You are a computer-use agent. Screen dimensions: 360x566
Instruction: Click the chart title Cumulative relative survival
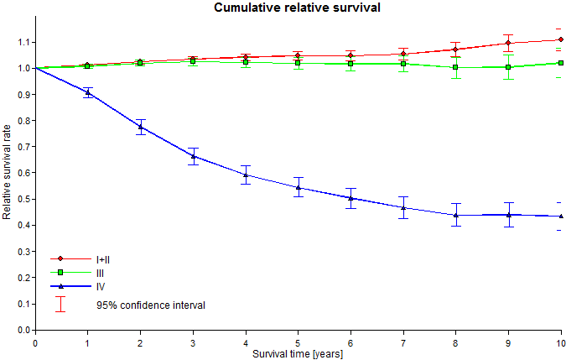click(x=283, y=8)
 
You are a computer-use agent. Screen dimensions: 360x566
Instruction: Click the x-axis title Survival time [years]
click(x=298, y=354)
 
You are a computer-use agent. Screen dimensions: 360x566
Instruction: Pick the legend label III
click(x=100, y=274)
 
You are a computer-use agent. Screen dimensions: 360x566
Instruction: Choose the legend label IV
click(x=100, y=287)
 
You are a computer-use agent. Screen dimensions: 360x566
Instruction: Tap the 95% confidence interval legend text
click(x=151, y=305)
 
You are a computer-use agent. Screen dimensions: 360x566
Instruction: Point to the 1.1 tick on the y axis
click(x=23, y=42)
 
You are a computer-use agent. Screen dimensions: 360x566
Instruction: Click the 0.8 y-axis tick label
click(x=23, y=121)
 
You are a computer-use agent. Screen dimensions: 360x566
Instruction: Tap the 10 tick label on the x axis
click(x=560, y=343)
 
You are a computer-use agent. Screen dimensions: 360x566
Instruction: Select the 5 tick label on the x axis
click(x=298, y=343)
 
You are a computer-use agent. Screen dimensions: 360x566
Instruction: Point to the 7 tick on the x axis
click(x=403, y=343)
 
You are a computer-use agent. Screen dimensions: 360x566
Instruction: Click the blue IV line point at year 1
click(x=88, y=93)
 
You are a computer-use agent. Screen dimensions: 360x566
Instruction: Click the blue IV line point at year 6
click(x=351, y=198)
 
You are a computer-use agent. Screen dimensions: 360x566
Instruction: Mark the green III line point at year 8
click(x=456, y=68)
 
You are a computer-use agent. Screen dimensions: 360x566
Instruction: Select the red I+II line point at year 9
click(x=508, y=44)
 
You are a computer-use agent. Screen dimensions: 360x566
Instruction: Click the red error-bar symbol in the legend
click(x=60, y=304)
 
